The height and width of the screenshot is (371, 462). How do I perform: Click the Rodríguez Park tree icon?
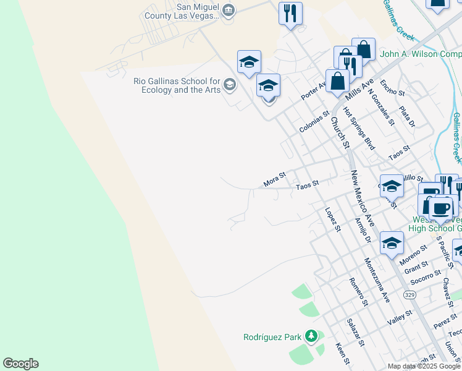pyautogui.click(x=311, y=336)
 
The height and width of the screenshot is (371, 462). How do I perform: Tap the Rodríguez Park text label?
pyautogui.click(x=272, y=337)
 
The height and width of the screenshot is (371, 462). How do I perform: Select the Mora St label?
pyautogui.click(x=275, y=179)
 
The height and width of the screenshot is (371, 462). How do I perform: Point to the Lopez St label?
pyautogui.click(x=333, y=219)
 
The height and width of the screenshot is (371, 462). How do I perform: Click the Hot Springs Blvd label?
pyautogui.click(x=359, y=128)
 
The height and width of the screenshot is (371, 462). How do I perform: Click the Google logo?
pyautogui.click(x=20, y=364)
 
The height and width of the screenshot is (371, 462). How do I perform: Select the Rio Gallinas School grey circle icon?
pyautogui.click(x=230, y=85)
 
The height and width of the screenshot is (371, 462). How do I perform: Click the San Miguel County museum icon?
pyautogui.click(x=229, y=10)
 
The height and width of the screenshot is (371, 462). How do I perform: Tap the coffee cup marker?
pyautogui.click(x=440, y=208)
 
